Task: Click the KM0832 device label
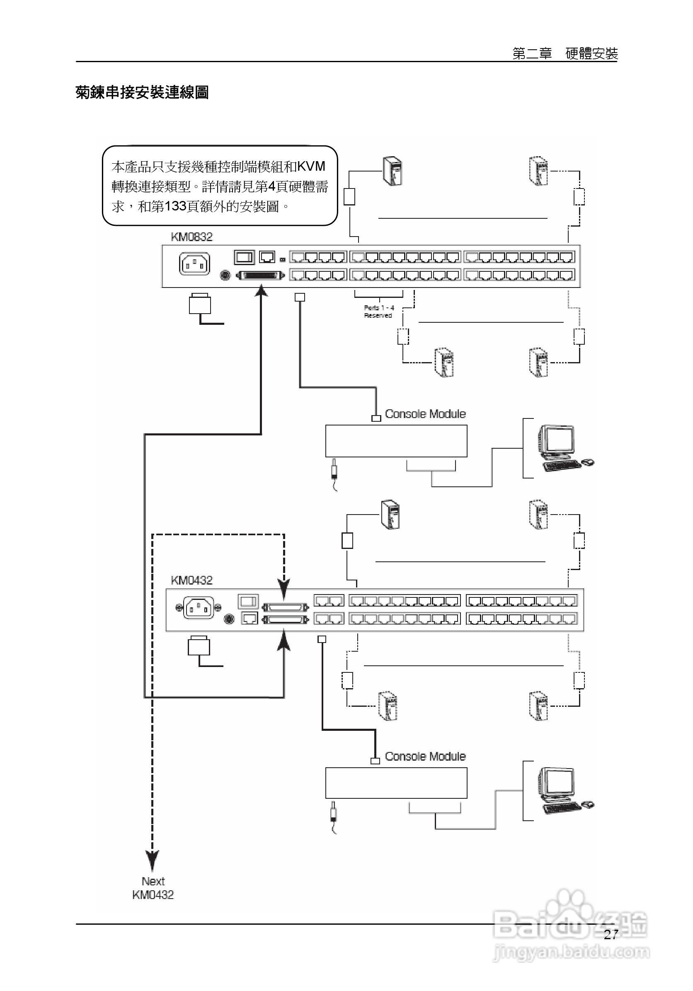point(192,237)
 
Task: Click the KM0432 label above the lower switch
point(192,580)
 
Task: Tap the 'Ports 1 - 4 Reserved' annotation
point(379,312)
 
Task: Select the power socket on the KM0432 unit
point(198,608)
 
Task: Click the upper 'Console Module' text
point(425,414)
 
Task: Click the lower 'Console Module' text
point(425,756)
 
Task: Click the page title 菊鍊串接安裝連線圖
point(142,92)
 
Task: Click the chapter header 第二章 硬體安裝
point(565,54)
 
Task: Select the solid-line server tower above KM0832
point(393,172)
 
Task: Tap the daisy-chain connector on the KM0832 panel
point(261,275)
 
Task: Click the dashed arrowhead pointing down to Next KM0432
point(153,861)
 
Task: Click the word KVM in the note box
point(311,167)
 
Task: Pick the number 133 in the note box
point(175,206)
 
